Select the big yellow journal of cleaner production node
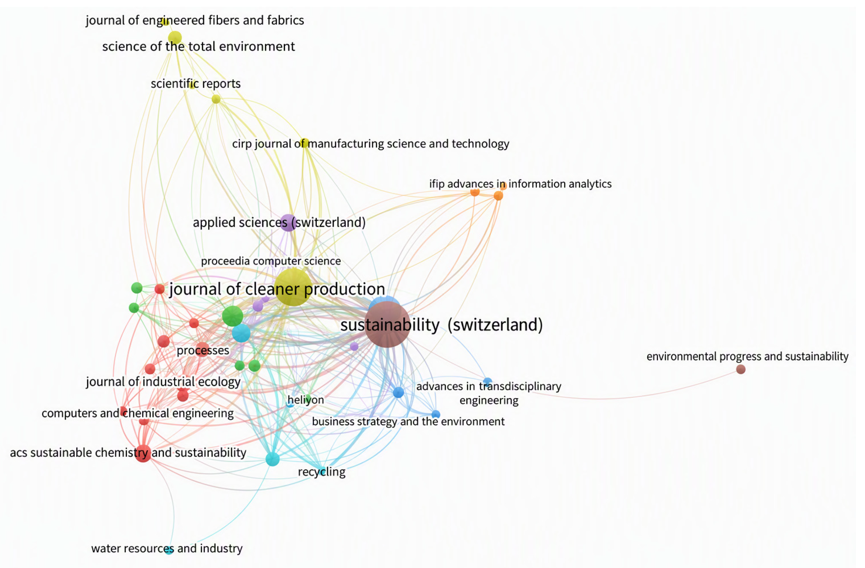tap(293, 287)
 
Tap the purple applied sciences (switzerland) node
tap(288, 223)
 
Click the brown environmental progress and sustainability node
tap(741, 369)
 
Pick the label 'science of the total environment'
tap(198, 47)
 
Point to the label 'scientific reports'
tap(196, 84)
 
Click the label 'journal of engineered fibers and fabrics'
tap(195, 20)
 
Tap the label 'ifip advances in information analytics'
tap(521, 184)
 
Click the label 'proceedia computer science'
tap(271, 261)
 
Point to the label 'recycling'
tap(322, 472)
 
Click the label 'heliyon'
tap(306, 400)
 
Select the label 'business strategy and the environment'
tap(408, 421)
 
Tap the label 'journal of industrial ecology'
tap(163, 382)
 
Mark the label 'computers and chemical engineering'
tap(137, 413)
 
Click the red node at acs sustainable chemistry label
tap(143, 453)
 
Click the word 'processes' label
tap(203, 350)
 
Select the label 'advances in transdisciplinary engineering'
tap(489, 393)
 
